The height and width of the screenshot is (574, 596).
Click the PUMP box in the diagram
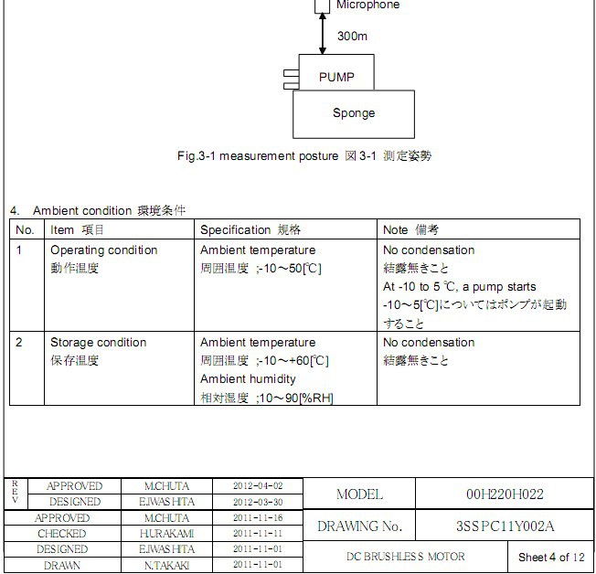coord(335,77)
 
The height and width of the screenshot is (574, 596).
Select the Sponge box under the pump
coord(353,113)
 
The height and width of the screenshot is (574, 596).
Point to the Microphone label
coord(367,5)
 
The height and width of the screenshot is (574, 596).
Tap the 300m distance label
coord(352,37)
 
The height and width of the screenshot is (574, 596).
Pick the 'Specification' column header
coord(235,229)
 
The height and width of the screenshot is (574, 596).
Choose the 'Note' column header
coord(396,229)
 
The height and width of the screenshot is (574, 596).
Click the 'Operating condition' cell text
coord(103,250)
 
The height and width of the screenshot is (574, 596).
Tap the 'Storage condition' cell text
coord(98,343)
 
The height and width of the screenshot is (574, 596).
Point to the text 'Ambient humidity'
coord(248,379)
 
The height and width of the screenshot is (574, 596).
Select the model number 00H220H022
coord(505,494)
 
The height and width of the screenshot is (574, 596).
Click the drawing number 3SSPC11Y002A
coord(505,526)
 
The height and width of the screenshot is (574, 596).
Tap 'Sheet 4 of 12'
coord(549,557)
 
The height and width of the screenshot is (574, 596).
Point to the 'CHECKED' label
coord(62,534)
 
